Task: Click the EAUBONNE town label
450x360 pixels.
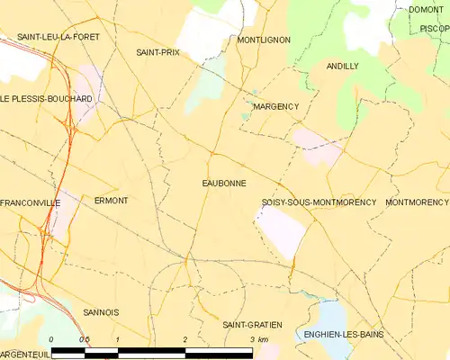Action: (x=224, y=183)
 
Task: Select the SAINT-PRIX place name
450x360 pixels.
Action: (x=157, y=53)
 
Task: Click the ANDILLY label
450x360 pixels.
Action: (x=343, y=67)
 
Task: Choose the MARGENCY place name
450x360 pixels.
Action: (x=275, y=106)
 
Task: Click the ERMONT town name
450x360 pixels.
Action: (x=111, y=200)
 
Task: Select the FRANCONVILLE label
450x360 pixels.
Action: (x=31, y=203)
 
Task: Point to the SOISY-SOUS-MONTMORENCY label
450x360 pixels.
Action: (x=318, y=202)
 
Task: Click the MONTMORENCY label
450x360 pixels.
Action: (x=417, y=202)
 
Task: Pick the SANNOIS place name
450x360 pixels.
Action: (x=101, y=312)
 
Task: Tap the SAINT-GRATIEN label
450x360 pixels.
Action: (x=252, y=324)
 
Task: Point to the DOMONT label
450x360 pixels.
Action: (x=426, y=10)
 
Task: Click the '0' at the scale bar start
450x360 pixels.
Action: (x=51, y=339)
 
